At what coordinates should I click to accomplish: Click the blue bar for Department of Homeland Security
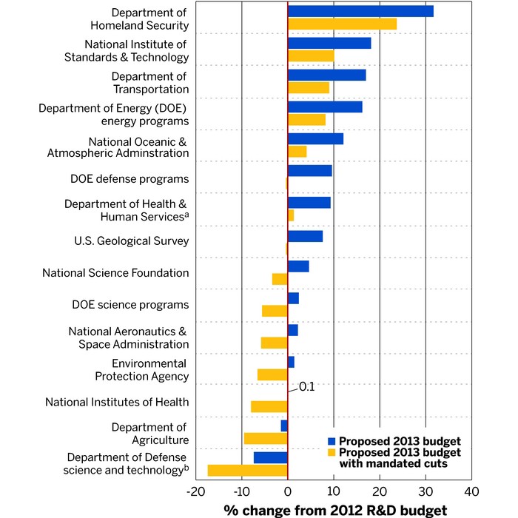360,11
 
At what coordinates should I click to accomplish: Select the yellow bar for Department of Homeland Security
342,24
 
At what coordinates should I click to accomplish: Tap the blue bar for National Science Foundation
298,266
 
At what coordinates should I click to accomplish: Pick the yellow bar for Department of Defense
247,470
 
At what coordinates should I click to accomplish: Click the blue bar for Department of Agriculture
284,425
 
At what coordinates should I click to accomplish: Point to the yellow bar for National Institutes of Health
269,406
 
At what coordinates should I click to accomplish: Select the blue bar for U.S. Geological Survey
305,236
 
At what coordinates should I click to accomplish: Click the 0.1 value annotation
306,386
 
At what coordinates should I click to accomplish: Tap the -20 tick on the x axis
196,492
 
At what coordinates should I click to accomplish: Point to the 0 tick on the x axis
288,492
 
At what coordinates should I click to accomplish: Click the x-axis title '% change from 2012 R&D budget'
335,510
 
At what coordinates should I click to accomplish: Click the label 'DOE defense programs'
129,179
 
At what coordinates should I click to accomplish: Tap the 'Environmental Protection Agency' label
141,370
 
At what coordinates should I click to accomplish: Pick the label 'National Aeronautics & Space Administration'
129,337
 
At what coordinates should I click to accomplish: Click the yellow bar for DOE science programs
275,311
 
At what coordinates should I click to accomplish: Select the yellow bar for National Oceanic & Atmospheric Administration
297,152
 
